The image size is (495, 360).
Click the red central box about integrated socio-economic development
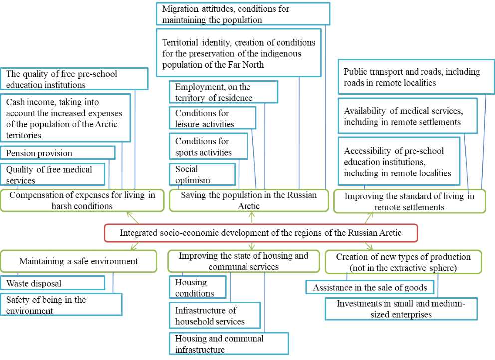click(x=260, y=233)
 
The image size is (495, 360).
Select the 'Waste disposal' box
click(x=52, y=283)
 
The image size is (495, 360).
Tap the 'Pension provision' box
click(x=58, y=153)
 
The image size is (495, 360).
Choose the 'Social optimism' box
click(x=202, y=174)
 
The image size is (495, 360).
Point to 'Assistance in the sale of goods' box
click(x=369, y=287)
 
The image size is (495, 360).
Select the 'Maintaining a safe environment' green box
click(x=79, y=261)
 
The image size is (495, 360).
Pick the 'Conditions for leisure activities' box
click(x=212, y=118)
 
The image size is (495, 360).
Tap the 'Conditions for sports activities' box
click(x=208, y=147)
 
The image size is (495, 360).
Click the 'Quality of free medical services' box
click(x=52, y=174)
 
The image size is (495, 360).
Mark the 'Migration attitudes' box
click(x=243, y=14)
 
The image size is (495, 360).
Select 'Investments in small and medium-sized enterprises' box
click(x=401, y=309)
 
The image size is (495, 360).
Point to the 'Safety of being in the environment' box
click(x=61, y=305)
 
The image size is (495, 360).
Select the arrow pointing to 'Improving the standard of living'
click(x=369, y=217)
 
